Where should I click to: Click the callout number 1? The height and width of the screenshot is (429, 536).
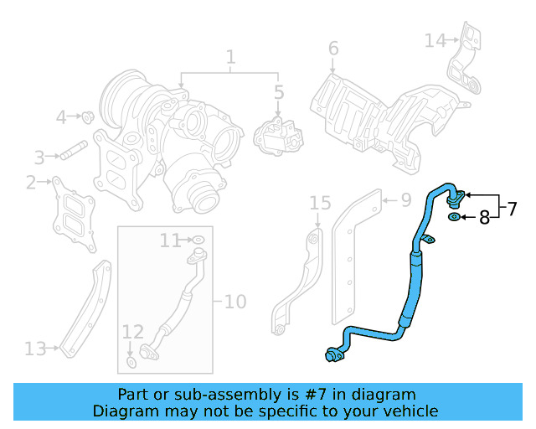tap(230, 58)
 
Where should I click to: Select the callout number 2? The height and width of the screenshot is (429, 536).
tap(31, 182)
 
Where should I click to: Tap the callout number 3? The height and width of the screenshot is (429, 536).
tap(39, 157)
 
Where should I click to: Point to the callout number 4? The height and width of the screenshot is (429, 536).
tap(61, 117)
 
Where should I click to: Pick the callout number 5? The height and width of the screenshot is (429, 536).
tap(279, 92)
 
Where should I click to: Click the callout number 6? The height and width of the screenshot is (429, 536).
tap(333, 49)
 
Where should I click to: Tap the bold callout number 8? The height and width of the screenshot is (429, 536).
tap(483, 219)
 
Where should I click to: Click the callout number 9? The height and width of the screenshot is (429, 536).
tap(405, 200)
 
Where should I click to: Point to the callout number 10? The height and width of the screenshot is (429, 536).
tap(235, 300)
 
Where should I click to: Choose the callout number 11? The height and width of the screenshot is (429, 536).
tap(170, 241)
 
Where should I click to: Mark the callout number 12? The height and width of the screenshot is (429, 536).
tap(133, 332)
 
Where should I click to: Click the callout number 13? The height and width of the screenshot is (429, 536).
tap(35, 348)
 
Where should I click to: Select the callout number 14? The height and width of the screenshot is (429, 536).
tap(435, 40)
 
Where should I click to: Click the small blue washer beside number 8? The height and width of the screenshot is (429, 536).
tap(454, 218)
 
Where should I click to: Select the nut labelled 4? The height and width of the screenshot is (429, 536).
tap(86, 116)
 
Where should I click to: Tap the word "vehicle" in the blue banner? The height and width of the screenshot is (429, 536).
tap(406, 411)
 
